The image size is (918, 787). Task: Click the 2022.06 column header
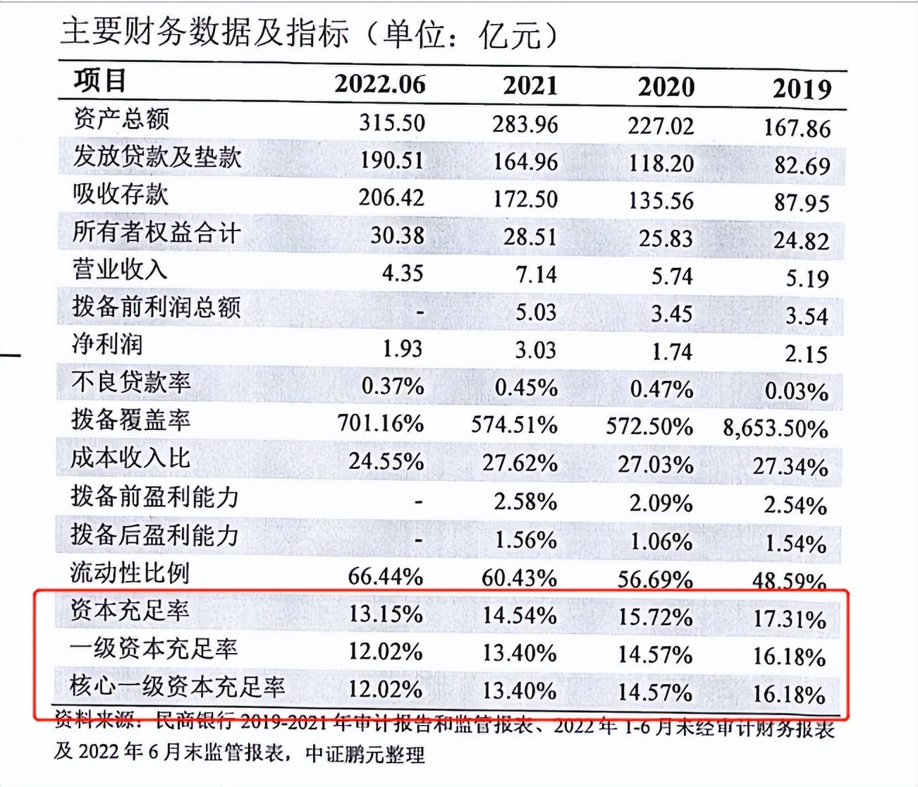click(380, 84)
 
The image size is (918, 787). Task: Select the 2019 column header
click(802, 89)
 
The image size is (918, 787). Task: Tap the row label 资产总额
click(121, 118)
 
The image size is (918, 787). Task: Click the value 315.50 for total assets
click(392, 123)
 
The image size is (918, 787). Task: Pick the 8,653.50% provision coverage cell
click(775, 429)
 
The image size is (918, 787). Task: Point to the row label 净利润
click(107, 344)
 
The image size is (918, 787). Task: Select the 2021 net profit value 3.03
click(536, 350)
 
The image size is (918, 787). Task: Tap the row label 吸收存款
click(121, 194)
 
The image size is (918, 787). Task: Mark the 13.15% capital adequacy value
click(386, 614)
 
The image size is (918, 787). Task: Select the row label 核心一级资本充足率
click(177, 686)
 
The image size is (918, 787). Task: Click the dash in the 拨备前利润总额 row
click(420, 312)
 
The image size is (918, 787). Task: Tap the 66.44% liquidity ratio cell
click(385, 576)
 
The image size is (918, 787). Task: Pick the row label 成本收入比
click(130, 458)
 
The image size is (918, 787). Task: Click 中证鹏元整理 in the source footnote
click(365, 754)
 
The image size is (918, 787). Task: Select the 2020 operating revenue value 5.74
click(672, 276)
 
